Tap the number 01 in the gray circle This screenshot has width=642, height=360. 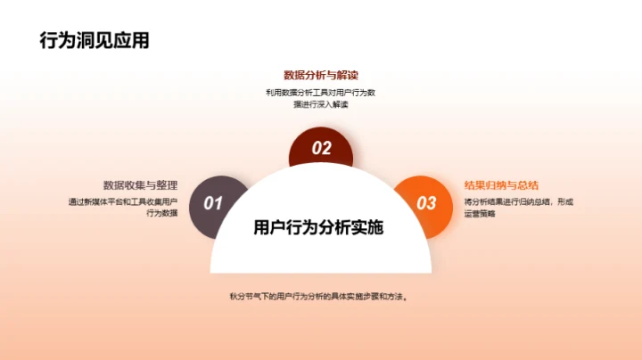pos(213,204)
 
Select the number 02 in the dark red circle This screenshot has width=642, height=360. pos(321,149)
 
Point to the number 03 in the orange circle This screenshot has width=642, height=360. pos(427,203)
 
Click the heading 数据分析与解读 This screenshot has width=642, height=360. pos(320,75)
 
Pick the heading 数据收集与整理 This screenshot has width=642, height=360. pos(140,185)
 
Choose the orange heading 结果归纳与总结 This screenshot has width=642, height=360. pos(502,185)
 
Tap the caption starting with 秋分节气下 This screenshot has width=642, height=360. pos(319,296)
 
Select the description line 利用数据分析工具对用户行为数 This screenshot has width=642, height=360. pos(320,92)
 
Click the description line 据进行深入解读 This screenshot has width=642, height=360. pos(320,105)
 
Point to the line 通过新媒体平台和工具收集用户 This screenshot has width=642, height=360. pos(123,201)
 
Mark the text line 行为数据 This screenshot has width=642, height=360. pos(160,214)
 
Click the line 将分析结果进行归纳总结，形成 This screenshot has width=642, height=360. pos(519,201)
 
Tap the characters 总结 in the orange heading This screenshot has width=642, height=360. pos(527,185)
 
